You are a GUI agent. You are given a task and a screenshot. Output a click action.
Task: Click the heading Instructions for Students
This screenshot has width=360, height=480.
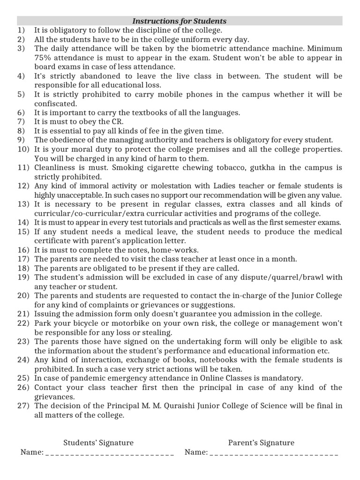point(180,21)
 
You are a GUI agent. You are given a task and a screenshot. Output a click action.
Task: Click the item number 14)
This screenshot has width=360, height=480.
point(23,222)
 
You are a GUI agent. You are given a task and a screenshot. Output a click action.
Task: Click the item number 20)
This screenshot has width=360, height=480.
point(23,296)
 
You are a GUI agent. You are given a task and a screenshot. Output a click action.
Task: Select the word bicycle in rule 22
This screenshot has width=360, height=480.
point(86,323)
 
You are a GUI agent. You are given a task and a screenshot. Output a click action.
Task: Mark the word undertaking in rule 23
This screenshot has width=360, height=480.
point(180,342)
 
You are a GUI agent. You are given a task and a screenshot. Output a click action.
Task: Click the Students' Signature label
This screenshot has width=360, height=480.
point(98,443)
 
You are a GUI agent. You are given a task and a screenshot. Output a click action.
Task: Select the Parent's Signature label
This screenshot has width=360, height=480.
point(261,443)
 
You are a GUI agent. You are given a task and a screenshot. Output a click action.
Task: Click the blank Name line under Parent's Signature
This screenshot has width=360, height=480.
point(274,453)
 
